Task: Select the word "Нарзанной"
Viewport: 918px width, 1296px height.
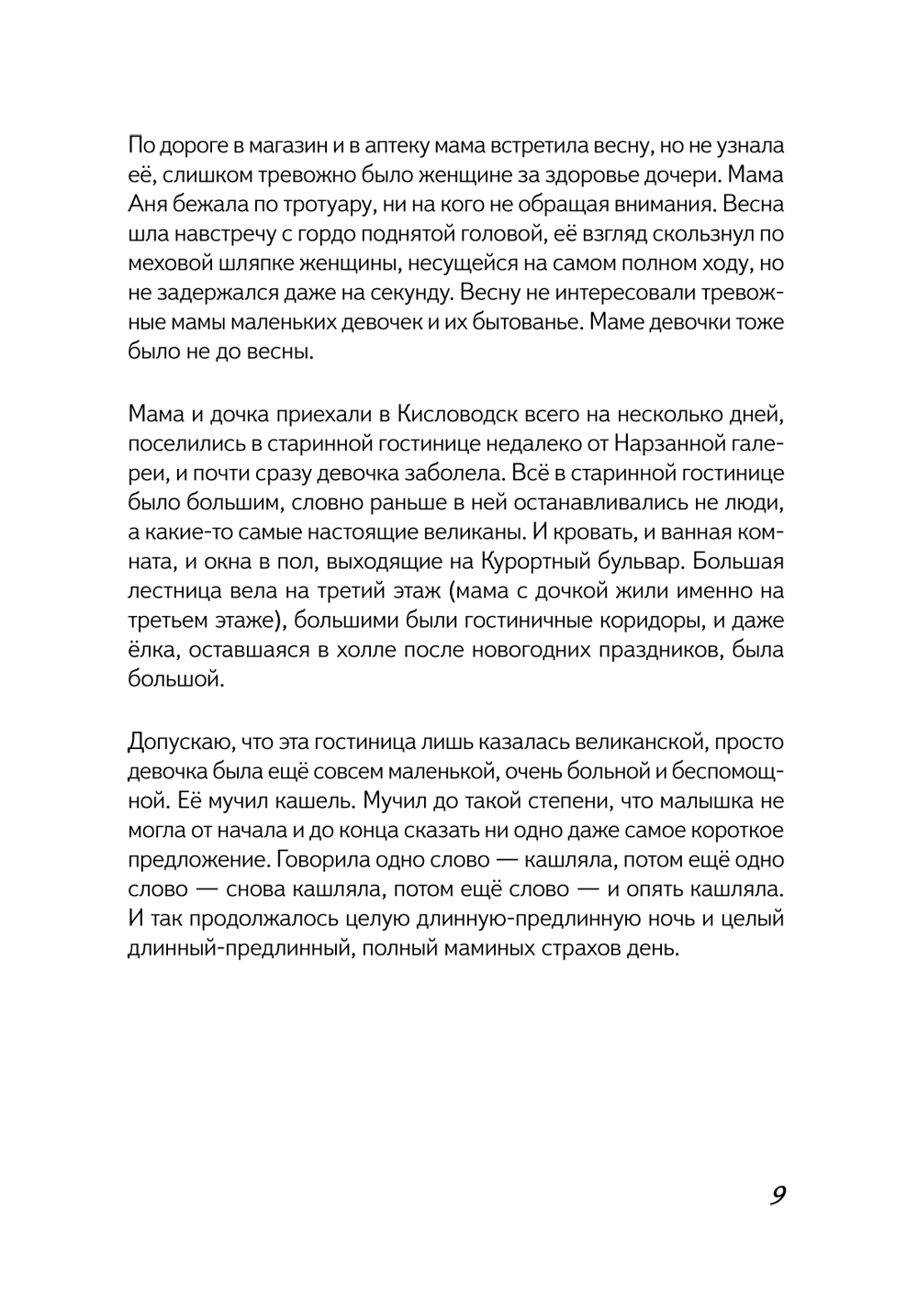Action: (650, 443)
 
